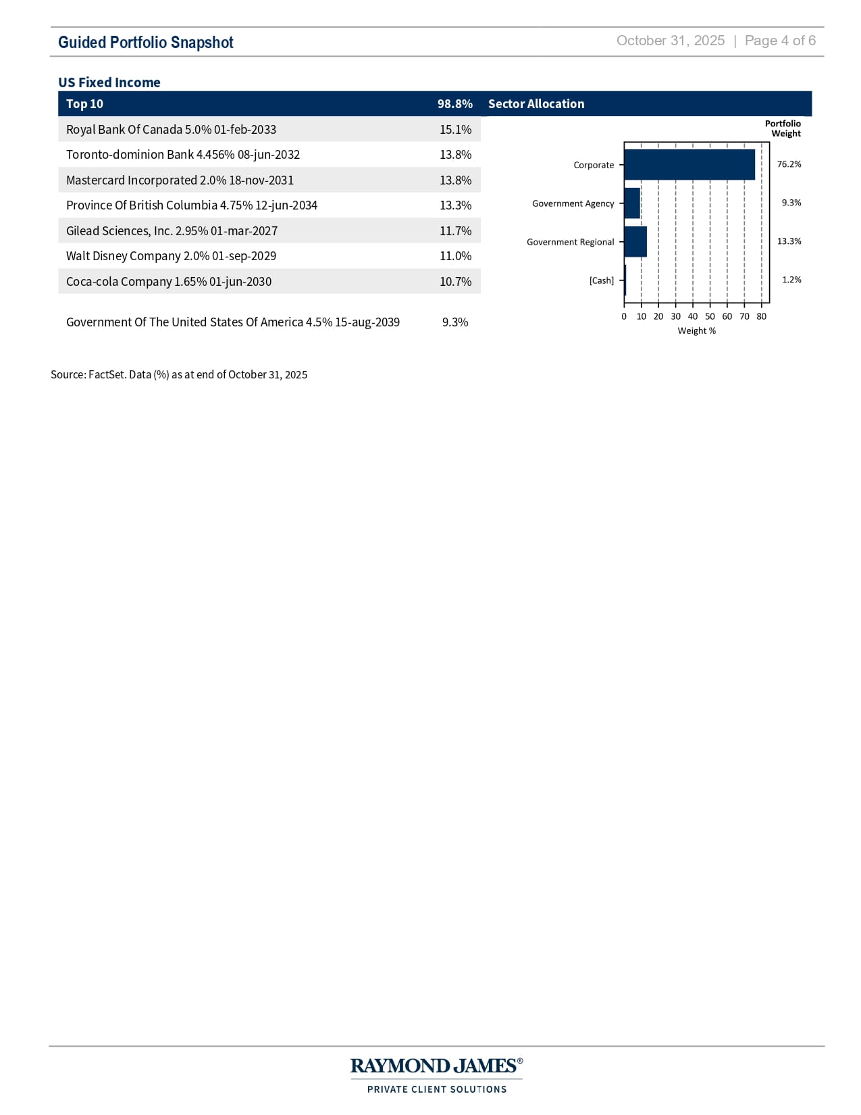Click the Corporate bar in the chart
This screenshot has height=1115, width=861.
689,165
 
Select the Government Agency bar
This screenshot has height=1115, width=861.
632,203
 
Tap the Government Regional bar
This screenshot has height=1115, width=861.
635,242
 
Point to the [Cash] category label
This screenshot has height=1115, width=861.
602,280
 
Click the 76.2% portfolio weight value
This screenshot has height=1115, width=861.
789,164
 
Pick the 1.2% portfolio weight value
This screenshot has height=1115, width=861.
791,280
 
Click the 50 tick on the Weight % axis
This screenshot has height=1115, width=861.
710,316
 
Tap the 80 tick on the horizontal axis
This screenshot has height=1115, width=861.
761,316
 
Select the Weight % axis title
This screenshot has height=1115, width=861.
696,331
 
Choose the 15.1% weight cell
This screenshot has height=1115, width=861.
455,130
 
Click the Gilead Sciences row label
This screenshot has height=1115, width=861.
172,231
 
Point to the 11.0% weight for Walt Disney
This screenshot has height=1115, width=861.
455,256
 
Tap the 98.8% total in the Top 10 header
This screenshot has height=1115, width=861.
454,104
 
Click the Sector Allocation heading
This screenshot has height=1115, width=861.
536,104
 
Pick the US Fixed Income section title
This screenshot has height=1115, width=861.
109,82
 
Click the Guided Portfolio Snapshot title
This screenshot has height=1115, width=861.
146,43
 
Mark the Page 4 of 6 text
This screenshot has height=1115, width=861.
780,41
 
